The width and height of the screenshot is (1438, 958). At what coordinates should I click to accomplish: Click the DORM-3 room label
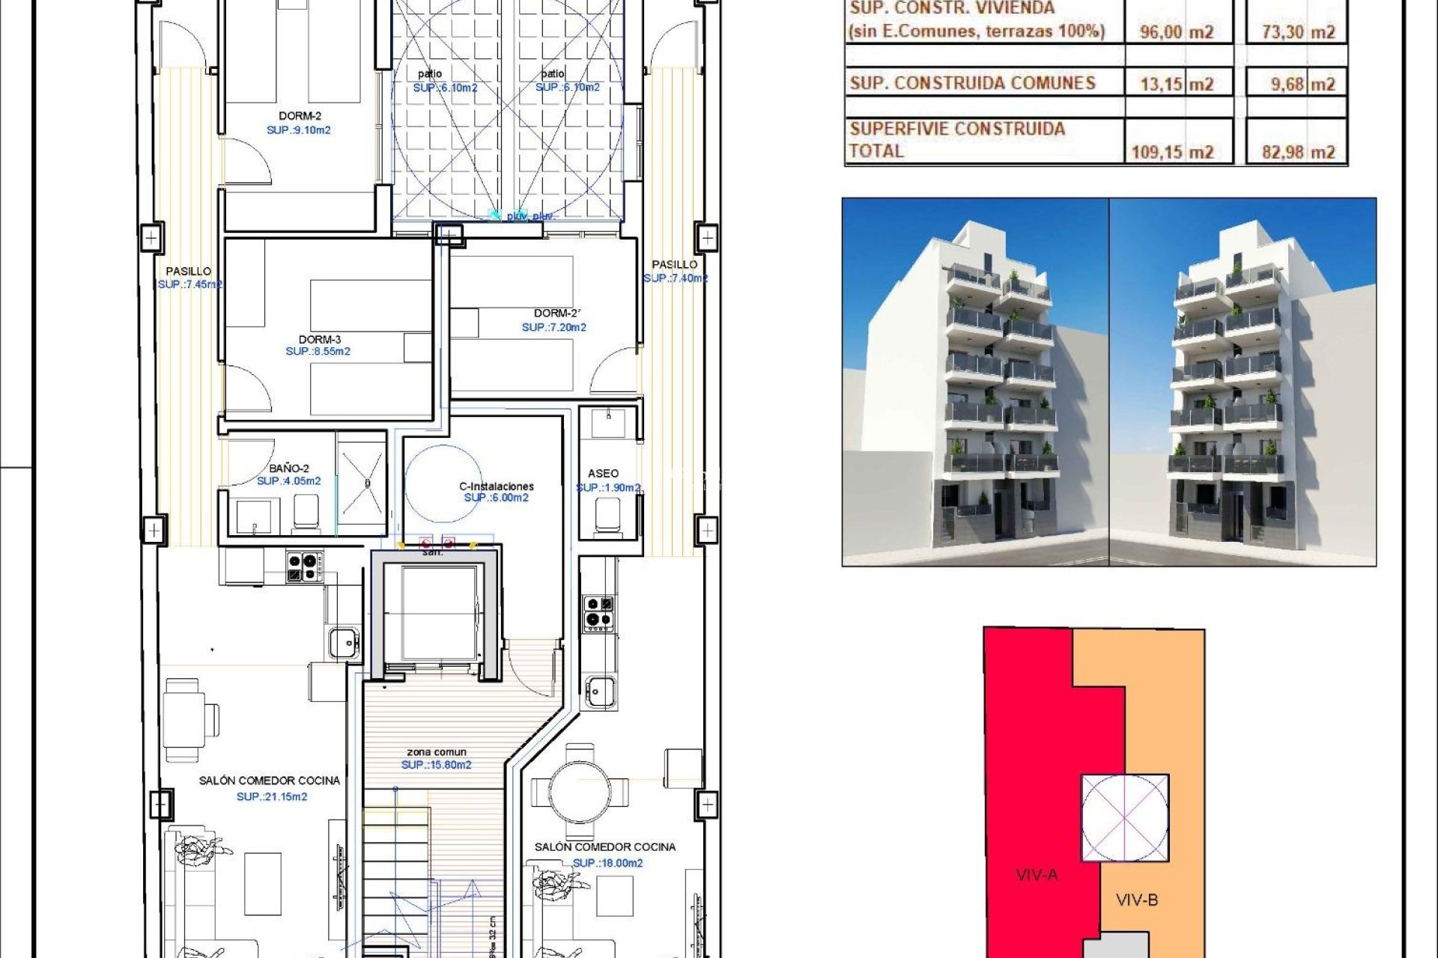click(x=319, y=340)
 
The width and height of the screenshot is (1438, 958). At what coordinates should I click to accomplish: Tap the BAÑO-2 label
click(x=288, y=469)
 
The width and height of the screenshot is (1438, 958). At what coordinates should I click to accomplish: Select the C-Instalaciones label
click(x=496, y=486)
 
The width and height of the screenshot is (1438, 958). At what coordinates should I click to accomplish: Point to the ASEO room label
click(x=603, y=474)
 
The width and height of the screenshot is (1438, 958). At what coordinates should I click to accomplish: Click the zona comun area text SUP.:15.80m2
click(x=436, y=765)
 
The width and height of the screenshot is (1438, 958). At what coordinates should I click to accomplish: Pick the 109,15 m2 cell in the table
click(x=1172, y=152)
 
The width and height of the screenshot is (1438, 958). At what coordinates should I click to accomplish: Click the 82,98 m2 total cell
click(x=1298, y=152)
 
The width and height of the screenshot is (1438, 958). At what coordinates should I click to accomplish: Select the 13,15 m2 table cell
click(x=1177, y=84)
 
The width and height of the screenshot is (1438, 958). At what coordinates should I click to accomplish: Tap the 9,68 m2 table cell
click(x=1302, y=84)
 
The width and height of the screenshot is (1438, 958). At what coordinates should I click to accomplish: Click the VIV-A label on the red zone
click(x=1037, y=874)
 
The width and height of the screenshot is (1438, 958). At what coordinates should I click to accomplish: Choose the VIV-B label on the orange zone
click(x=1137, y=900)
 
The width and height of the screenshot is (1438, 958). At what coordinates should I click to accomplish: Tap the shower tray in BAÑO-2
click(x=362, y=484)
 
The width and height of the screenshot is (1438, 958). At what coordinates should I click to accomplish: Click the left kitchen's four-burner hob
click(x=305, y=567)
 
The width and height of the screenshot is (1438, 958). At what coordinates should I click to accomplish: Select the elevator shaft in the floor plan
click(x=438, y=612)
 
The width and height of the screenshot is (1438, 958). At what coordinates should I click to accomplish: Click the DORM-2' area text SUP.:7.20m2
click(x=554, y=327)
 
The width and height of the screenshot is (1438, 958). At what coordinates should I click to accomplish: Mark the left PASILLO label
click(x=188, y=271)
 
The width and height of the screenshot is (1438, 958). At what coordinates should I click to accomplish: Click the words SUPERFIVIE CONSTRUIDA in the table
click(x=957, y=129)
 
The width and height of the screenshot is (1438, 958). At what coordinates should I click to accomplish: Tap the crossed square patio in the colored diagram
click(x=1124, y=818)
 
